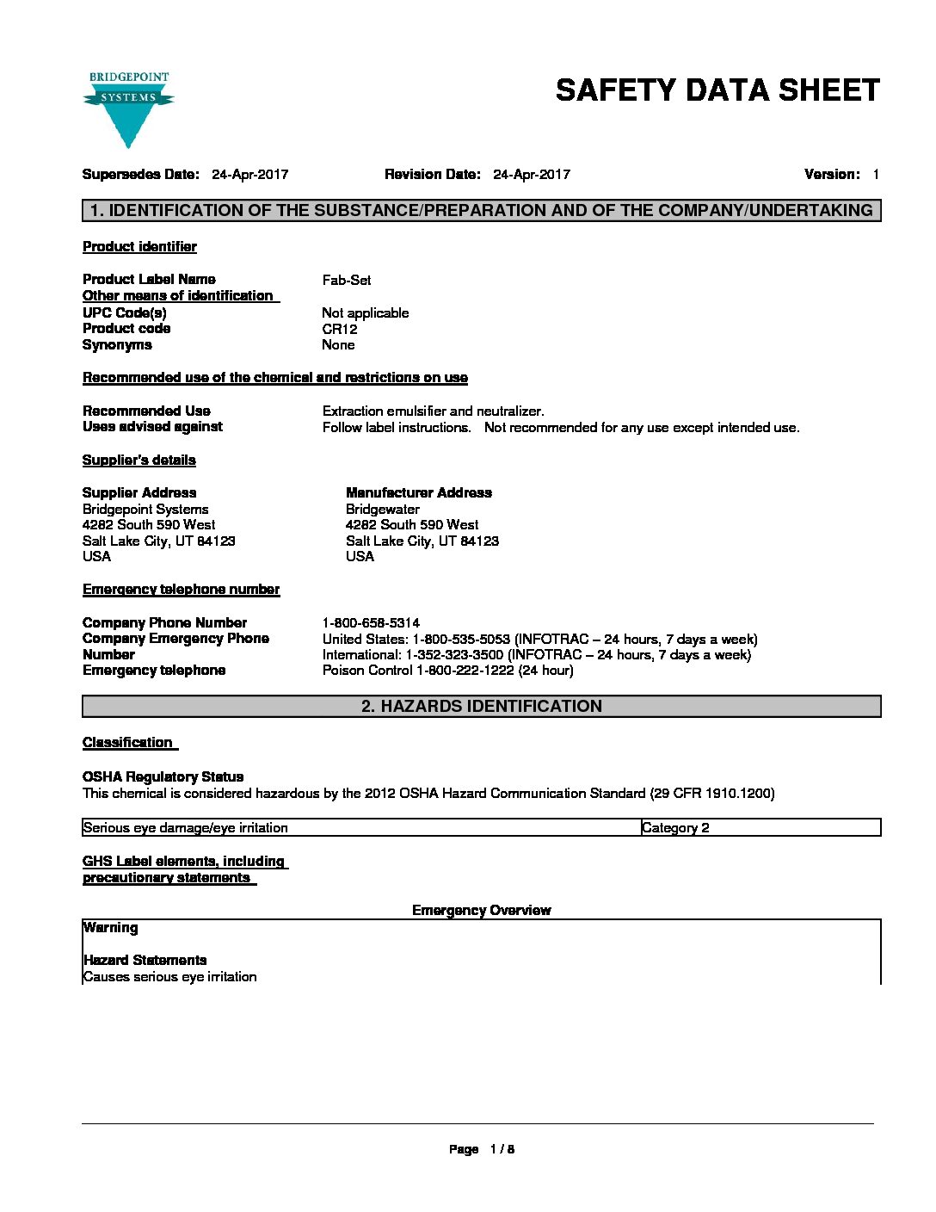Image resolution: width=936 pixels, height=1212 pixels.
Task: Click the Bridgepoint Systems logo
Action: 129,108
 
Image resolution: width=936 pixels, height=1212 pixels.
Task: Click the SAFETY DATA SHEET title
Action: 717,90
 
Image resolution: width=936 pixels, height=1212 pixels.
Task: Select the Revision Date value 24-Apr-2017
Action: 531,175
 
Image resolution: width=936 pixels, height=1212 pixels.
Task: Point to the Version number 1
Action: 875,175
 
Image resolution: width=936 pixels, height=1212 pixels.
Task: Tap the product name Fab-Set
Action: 347,280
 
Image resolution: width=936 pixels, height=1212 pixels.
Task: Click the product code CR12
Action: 339,329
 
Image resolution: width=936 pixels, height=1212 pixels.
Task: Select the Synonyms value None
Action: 338,345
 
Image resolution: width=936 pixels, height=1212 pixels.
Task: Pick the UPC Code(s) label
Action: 125,312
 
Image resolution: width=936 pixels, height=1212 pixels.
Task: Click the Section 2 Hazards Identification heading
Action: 481,707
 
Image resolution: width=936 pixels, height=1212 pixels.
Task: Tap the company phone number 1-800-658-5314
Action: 371,622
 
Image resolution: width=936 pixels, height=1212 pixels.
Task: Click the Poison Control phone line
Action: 447,671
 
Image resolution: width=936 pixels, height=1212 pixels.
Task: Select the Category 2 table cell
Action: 675,828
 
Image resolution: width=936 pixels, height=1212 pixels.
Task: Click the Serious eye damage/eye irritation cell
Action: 186,828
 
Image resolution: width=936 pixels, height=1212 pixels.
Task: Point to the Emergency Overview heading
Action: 481,911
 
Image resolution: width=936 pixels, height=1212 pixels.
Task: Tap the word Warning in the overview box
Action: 110,928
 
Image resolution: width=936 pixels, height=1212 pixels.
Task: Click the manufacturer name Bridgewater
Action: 383,510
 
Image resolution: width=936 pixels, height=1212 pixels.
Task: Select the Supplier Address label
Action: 139,493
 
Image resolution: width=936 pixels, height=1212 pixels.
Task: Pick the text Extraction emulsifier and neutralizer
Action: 433,411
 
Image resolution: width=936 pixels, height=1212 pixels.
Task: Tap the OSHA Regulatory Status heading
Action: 163,776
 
